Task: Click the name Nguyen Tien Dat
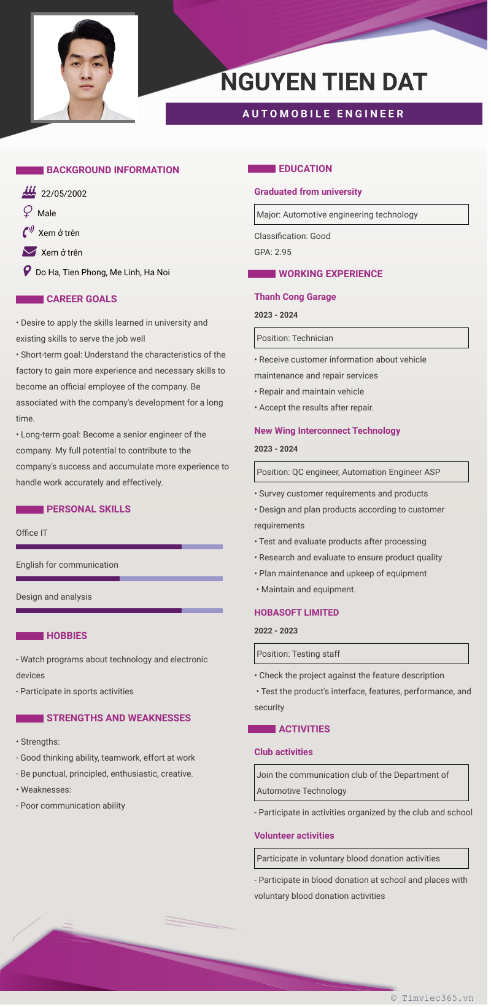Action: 323,82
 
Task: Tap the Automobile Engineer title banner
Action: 323,114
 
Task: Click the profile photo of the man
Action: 85,68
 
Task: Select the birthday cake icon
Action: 29,193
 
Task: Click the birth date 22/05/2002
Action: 64,194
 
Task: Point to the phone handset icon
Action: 28,232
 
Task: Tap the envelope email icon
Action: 29,252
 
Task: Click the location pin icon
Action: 27,271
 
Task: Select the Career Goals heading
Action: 82,299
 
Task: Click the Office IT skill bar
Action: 119,547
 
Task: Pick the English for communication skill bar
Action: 119,579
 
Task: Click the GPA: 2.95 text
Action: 273,252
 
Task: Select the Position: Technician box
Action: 361,338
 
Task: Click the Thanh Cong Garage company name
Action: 295,297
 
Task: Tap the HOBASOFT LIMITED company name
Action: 296,613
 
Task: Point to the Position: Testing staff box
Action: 361,654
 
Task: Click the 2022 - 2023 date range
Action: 276,631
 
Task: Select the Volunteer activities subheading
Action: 295,836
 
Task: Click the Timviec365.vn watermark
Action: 432,998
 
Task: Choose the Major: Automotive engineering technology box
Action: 361,214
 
